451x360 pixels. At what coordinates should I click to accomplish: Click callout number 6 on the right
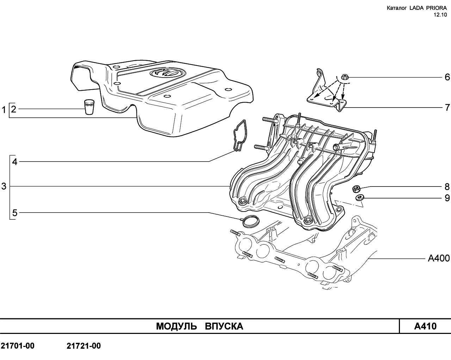[x=447, y=77]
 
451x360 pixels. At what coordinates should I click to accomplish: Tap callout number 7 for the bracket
[x=447, y=108]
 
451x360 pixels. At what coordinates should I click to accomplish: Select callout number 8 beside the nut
[x=447, y=187]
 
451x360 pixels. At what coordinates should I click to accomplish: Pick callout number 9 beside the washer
[x=447, y=198]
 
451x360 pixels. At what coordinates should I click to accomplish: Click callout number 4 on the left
[x=15, y=162]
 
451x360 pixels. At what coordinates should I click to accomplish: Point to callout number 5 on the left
[x=15, y=213]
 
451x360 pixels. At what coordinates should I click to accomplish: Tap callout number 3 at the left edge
[x=4, y=186]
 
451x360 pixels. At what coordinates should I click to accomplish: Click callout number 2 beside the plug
[x=13, y=109]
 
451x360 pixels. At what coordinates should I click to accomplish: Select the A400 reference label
[x=439, y=258]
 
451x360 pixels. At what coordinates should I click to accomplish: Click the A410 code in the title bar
[x=425, y=326]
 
